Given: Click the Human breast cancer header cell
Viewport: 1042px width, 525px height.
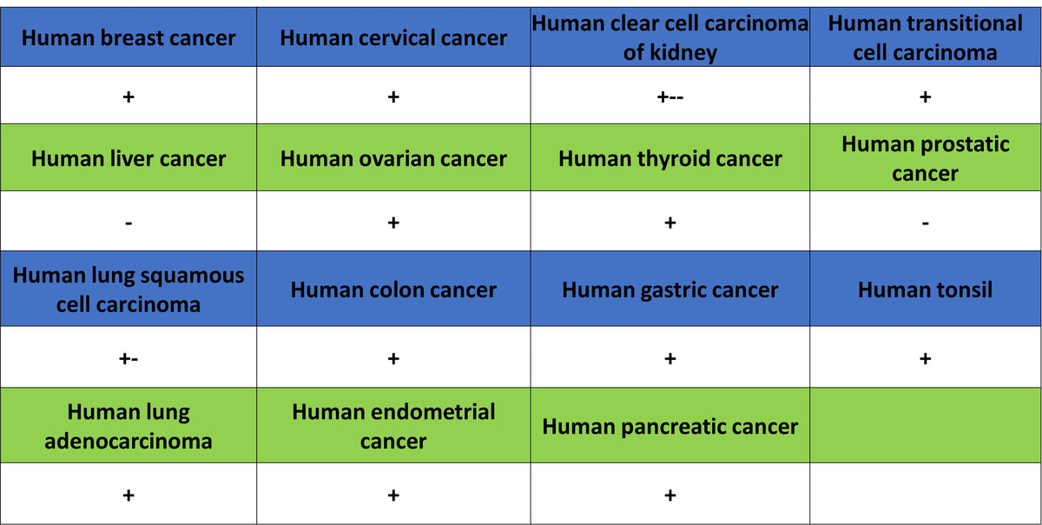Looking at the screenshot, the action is click(x=129, y=37).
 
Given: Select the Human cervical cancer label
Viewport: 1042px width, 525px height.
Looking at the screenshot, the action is click(x=393, y=37).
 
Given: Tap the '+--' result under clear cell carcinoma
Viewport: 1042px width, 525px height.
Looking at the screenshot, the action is click(x=669, y=96).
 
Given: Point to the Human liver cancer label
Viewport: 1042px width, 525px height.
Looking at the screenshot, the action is click(x=129, y=158).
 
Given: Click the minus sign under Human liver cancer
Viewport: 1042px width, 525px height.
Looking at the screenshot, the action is click(x=129, y=223).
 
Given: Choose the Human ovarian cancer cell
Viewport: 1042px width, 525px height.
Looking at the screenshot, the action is click(x=393, y=158).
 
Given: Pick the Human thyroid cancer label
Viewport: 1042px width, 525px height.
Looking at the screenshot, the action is click(x=669, y=158).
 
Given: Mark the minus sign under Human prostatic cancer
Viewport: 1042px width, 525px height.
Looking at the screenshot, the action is click(x=926, y=223).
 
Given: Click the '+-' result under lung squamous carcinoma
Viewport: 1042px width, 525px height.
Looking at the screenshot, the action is click(x=129, y=359).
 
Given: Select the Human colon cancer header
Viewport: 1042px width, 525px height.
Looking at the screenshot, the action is click(x=393, y=289).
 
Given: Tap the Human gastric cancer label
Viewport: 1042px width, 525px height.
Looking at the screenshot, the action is click(x=669, y=289).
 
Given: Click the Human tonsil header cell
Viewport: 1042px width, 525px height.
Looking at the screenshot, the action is click(x=926, y=289).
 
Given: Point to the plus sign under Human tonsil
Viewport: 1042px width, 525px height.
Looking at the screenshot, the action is click(x=926, y=359).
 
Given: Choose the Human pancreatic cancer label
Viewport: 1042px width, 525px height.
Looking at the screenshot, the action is click(x=669, y=426).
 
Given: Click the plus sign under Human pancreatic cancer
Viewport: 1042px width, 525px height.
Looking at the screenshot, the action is click(x=669, y=495).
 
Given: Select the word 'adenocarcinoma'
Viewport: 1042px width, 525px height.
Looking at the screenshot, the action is click(x=129, y=441).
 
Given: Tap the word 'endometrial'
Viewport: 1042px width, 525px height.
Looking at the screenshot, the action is click(x=393, y=412).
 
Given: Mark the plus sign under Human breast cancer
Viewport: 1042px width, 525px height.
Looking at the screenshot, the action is click(x=129, y=96).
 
